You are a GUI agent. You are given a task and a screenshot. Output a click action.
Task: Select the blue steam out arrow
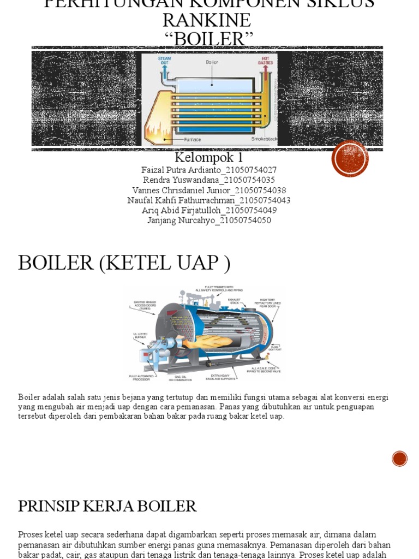tap(164, 72)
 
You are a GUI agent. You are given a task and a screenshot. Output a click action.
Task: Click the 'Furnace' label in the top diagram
tap(193, 139)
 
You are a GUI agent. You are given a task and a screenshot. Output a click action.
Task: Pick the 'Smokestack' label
tap(264, 139)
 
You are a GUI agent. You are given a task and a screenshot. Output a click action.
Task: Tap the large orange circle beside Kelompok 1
tap(350, 159)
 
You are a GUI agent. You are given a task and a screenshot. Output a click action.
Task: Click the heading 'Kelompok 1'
tap(209, 158)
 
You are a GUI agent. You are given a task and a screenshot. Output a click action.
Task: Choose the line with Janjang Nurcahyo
tap(209, 221)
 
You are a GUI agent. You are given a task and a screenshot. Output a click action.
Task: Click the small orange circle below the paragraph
tap(400, 459)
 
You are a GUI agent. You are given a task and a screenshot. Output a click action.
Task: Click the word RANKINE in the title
tap(207, 21)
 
